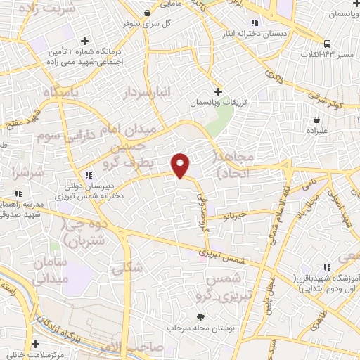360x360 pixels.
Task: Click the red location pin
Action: click(x=181, y=165)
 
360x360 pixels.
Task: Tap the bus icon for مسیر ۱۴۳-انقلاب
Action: click(x=327, y=43)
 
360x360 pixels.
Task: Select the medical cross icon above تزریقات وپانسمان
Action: click(x=219, y=91)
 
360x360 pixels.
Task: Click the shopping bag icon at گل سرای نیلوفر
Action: click(x=146, y=13)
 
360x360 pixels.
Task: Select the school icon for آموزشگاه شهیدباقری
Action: click(x=325, y=268)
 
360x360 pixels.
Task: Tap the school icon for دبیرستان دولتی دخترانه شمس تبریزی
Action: click(x=88, y=175)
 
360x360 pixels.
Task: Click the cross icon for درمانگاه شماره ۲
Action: click(x=85, y=41)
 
